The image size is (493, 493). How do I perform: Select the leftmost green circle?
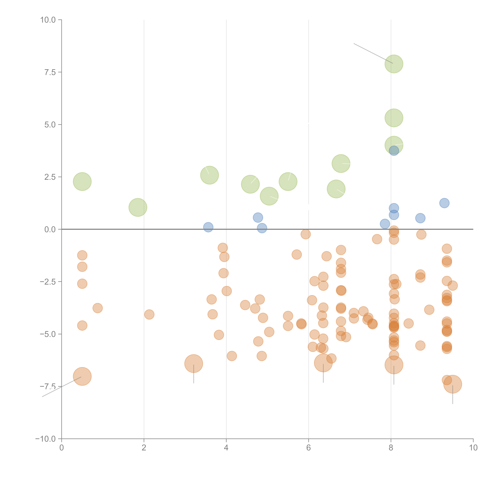click(x=82, y=181)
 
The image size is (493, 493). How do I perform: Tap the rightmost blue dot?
click(x=444, y=203)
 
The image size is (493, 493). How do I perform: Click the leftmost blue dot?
click(x=208, y=227)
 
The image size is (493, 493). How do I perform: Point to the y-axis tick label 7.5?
click(x=50, y=72)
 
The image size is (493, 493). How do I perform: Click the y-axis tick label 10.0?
click(x=48, y=20)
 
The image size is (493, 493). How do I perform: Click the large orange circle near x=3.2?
click(x=194, y=363)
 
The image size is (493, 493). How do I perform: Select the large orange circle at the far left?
click(x=82, y=376)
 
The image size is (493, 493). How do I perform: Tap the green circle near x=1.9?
click(x=138, y=207)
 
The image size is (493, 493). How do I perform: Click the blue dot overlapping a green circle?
click(x=394, y=151)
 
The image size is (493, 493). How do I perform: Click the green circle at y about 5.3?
click(x=394, y=118)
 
